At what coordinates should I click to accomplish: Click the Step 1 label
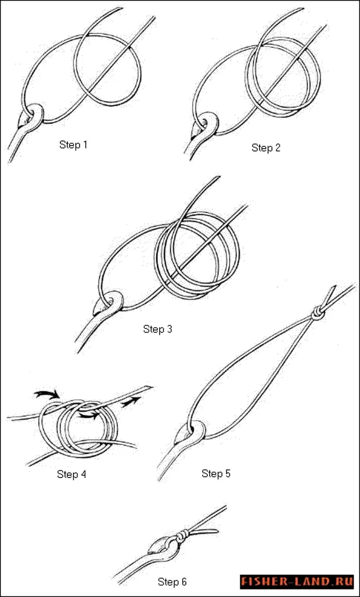[73, 144]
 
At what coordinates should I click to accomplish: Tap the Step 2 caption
[266, 148]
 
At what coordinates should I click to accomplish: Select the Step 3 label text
[157, 329]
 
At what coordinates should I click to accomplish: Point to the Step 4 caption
[71, 475]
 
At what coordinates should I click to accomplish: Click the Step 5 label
[216, 473]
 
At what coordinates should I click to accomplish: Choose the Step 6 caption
[172, 582]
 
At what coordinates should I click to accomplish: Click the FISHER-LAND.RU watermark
[296, 582]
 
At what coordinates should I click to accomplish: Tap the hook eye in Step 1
[34, 114]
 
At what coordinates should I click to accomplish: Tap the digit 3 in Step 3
[169, 329]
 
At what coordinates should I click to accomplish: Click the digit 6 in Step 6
[183, 582]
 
